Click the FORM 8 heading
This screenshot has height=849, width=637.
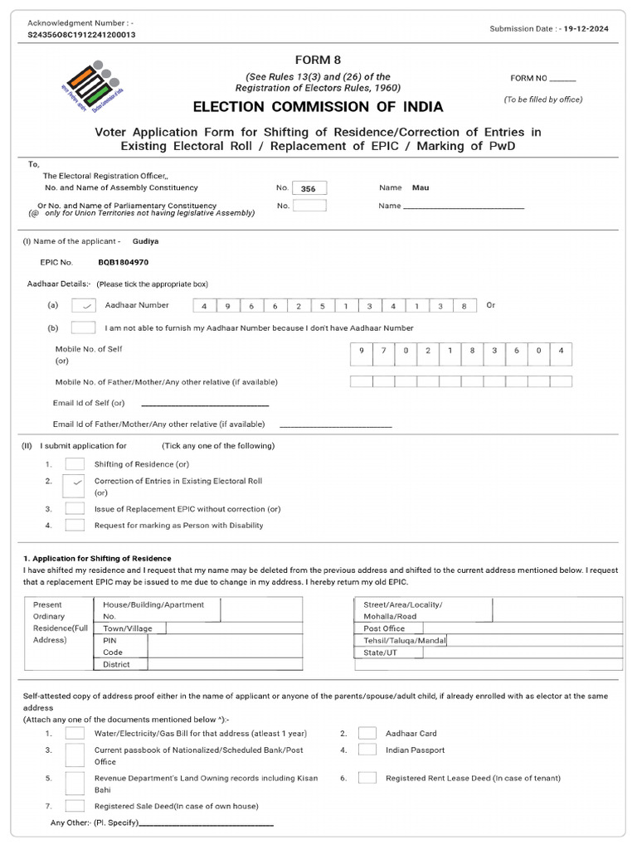(x=318, y=60)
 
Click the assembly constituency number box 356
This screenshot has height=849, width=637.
(x=309, y=189)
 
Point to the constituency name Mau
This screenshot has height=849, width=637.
(x=421, y=188)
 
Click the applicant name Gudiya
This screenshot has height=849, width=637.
(x=145, y=241)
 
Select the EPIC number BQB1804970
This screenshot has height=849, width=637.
(x=124, y=262)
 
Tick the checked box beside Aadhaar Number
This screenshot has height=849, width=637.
(x=84, y=305)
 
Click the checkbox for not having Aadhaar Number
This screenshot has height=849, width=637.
(x=84, y=328)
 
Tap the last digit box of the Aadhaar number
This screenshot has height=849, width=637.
(x=464, y=306)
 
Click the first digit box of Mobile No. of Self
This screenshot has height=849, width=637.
(x=361, y=352)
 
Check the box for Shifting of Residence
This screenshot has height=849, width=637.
(x=75, y=464)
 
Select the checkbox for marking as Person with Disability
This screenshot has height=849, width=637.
(x=75, y=525)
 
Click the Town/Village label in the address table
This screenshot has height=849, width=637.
(x=127, y=628)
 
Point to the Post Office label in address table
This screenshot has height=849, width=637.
(x=384, y=628)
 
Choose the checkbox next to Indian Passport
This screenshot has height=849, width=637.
(x=367, y=750)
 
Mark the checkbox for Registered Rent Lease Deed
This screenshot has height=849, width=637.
(x=367, y=778)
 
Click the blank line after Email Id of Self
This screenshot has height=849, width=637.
(x=205, y=404)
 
